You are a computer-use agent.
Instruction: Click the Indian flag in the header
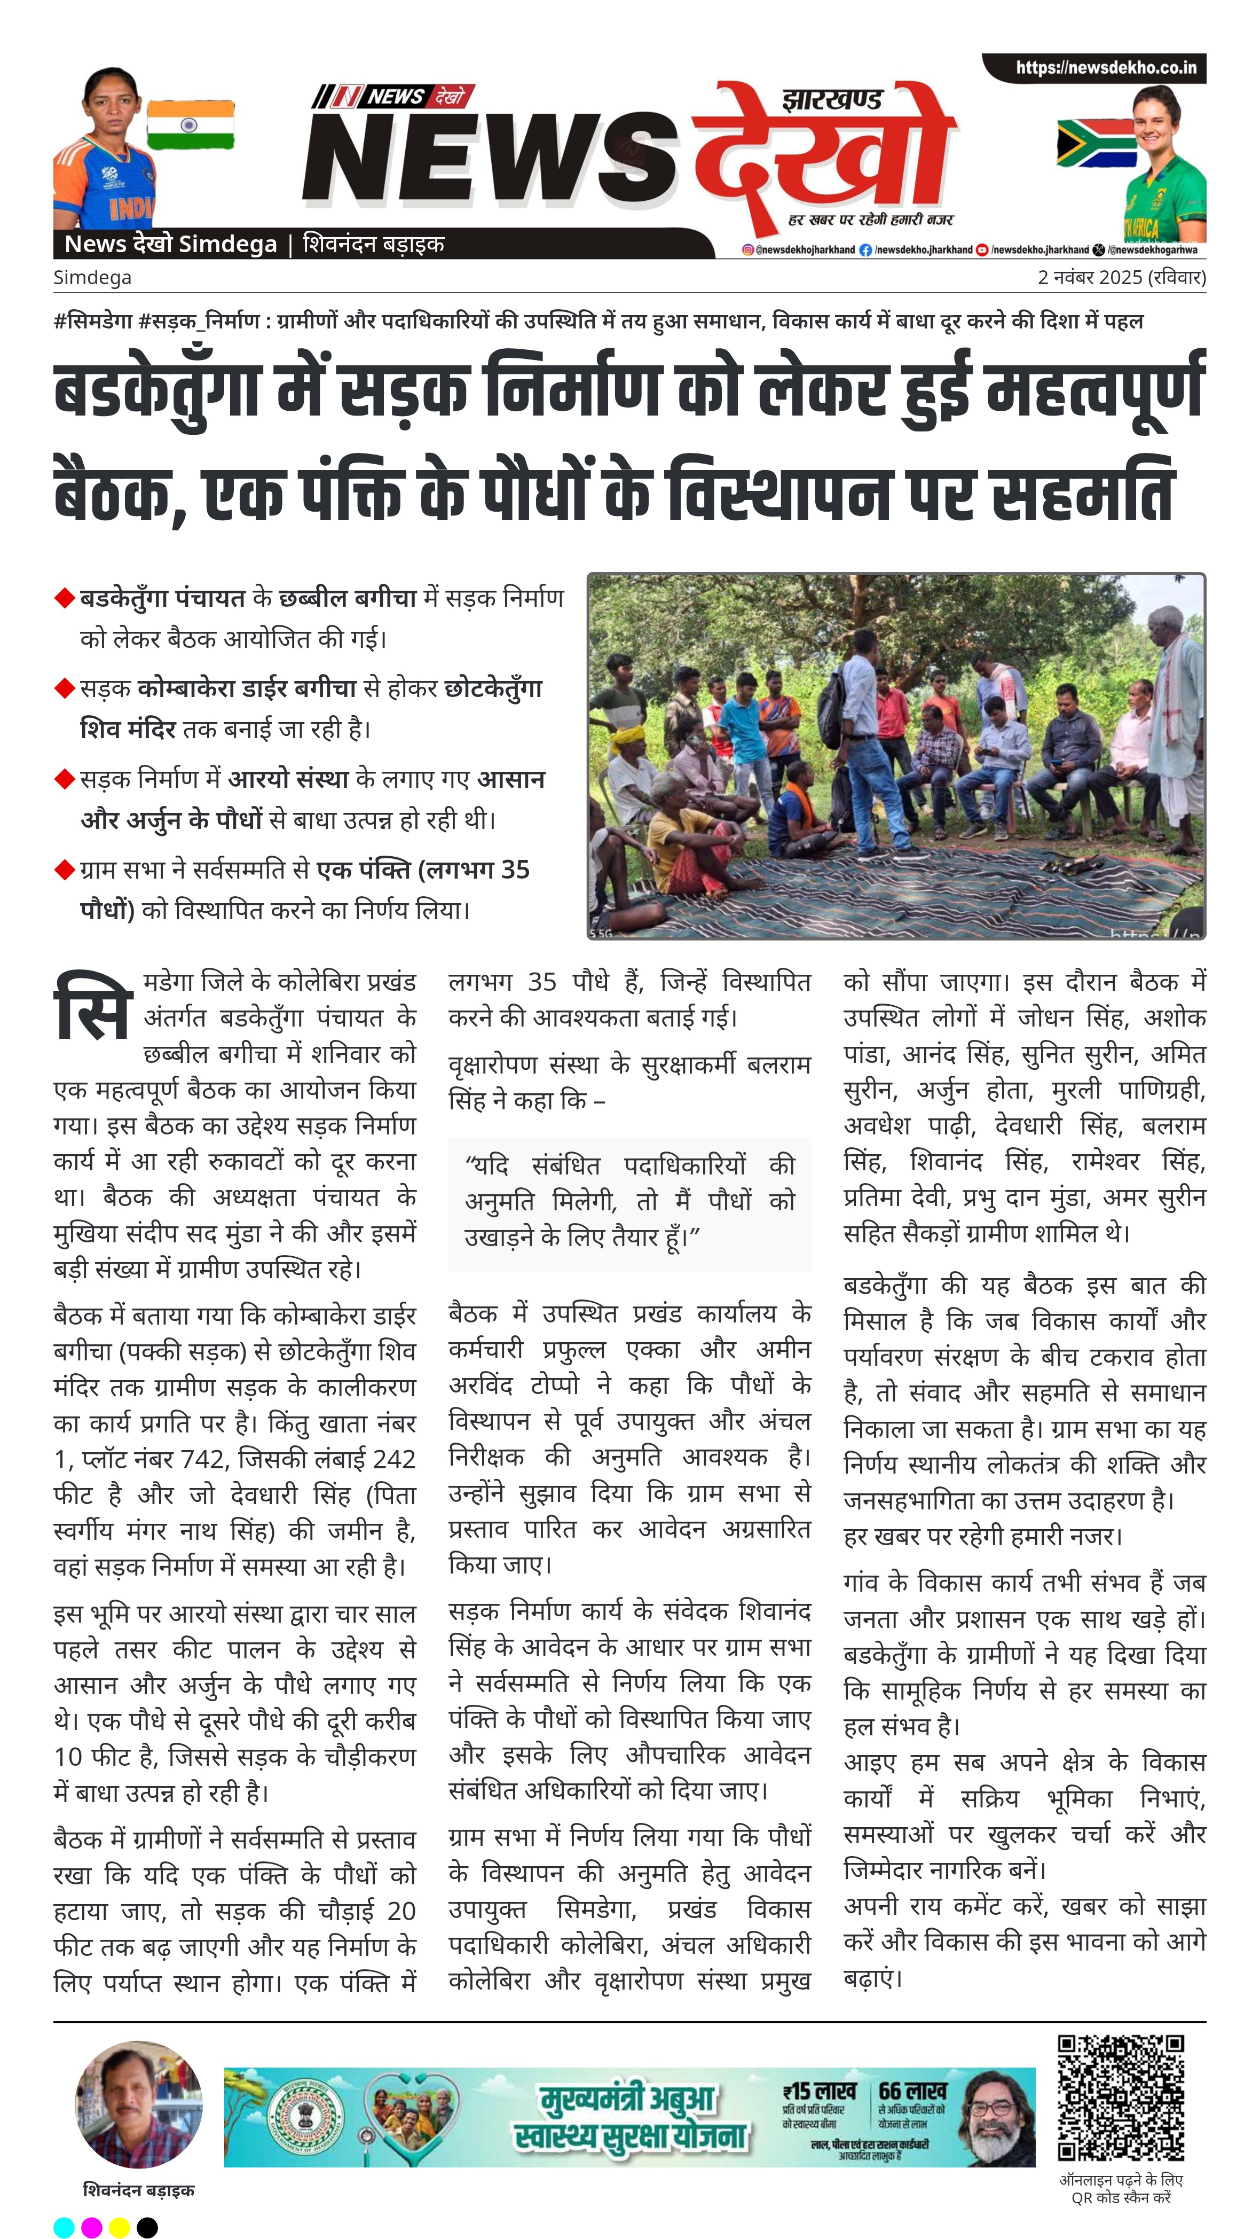[190, 125]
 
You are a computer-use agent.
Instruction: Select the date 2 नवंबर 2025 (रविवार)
[1121, 277]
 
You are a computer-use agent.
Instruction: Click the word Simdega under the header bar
[92, 277]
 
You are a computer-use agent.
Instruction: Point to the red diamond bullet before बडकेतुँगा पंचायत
[64, 598]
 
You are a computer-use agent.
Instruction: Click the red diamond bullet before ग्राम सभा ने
[64, 869]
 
